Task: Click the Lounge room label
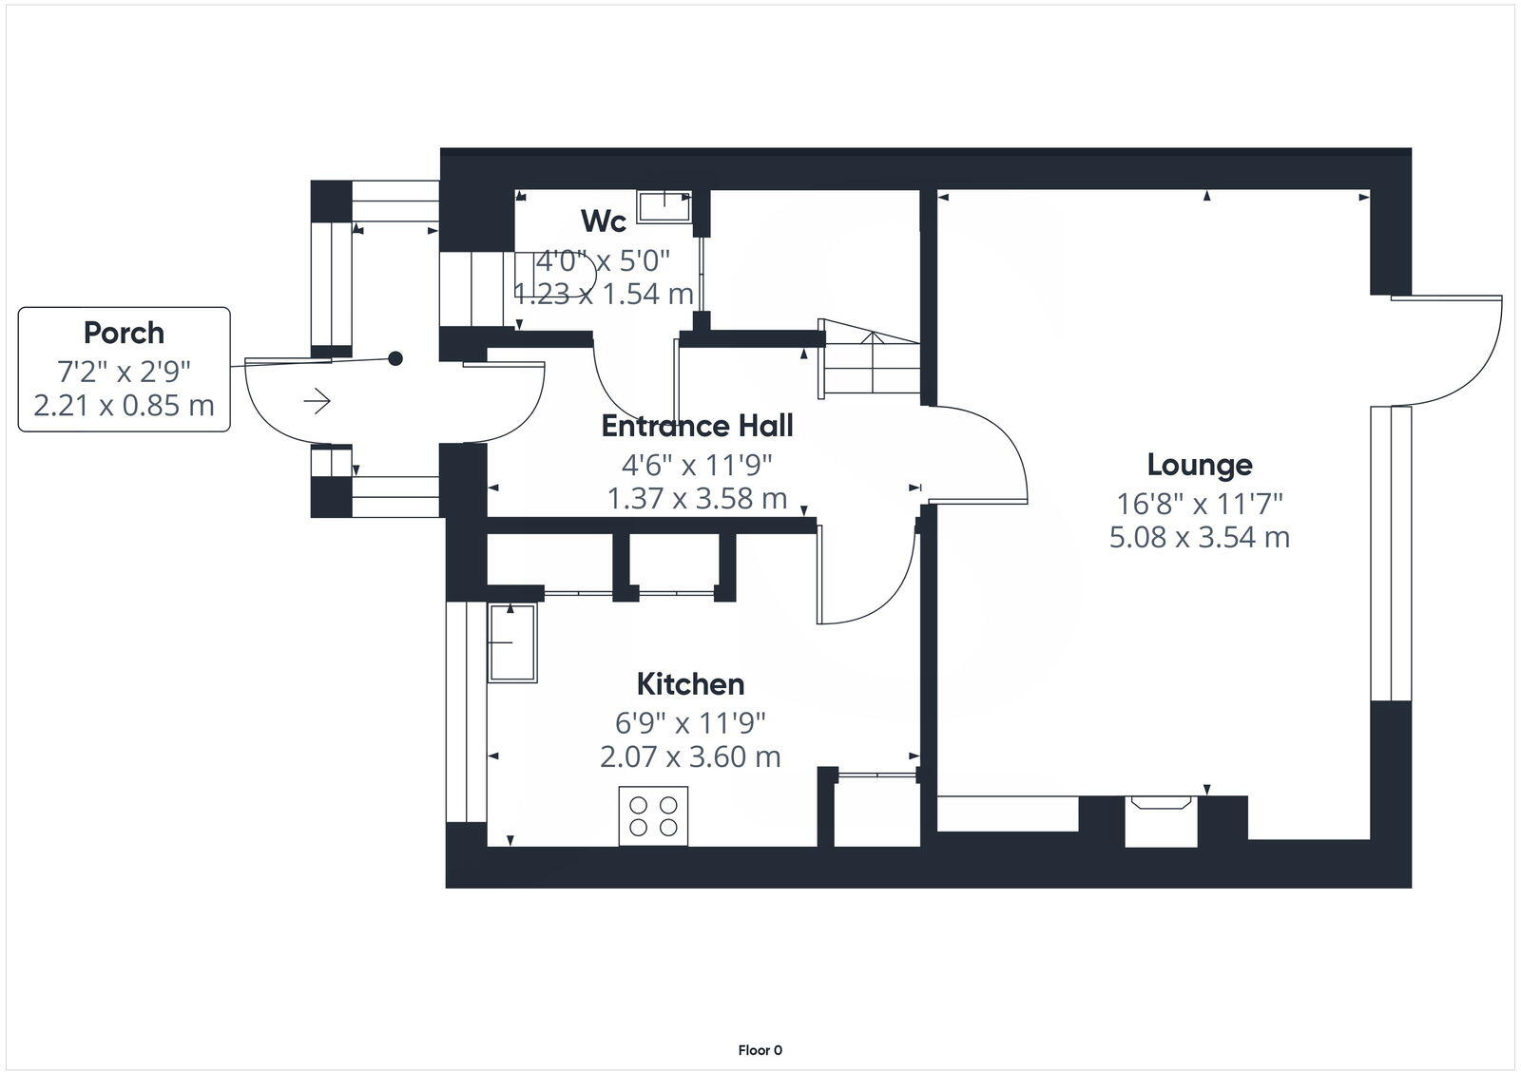click(1199, 465)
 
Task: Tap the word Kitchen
click(689, 684)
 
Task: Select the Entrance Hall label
click(697, 426)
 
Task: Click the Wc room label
click(604, 221)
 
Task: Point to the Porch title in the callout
click(124, 333)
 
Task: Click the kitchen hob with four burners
click(653, 815)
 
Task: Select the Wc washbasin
click(664, 205)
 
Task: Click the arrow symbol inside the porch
click(317, 402)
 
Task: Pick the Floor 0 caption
click(760, 1050)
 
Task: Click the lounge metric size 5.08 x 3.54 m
click(1199, 538)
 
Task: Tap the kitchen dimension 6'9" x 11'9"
click(689, 723)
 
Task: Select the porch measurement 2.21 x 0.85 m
click(124, 406)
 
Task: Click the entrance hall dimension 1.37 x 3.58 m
click(697, 498)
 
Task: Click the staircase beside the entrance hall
click(870, 359)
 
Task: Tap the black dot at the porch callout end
click(395, 358)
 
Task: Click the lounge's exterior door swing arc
click(1454, 352)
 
